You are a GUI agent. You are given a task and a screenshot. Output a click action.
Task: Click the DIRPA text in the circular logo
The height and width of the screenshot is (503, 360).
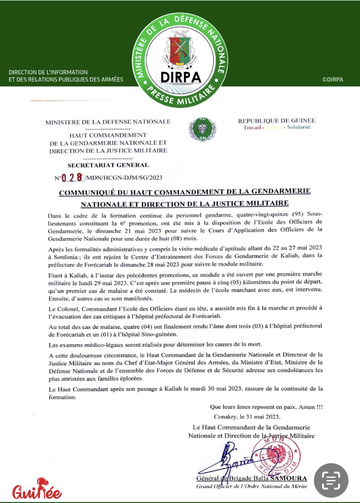pos(180,77)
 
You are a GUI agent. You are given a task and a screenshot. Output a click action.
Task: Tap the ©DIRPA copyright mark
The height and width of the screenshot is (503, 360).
pos(333,79)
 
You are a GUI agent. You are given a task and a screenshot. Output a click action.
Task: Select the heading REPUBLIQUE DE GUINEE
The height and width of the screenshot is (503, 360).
pos(276,120)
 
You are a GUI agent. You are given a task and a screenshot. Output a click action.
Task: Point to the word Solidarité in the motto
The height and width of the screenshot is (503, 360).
pos(299,127)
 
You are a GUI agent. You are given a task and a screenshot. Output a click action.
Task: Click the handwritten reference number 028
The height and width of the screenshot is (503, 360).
pos(72,177)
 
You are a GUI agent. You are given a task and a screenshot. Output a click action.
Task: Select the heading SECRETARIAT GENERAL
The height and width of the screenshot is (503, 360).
pos(108,165)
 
